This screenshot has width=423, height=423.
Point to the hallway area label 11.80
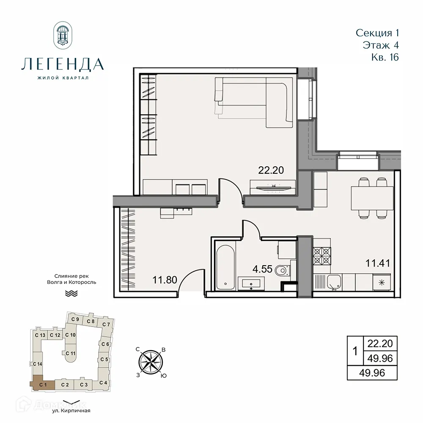tap(165, 280)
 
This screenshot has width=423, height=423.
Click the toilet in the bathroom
tap(281, 270)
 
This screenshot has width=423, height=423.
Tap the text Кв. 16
tap(383, 57)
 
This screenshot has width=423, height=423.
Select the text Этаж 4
tap(381, 45)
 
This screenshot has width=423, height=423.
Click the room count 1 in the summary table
tap(355, 351)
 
